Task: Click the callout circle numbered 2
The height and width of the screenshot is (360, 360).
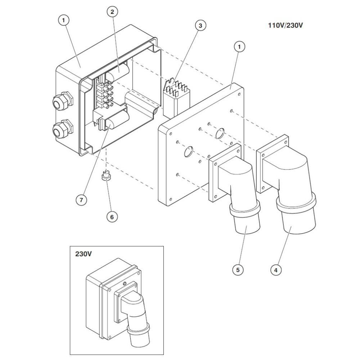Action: point(112,12)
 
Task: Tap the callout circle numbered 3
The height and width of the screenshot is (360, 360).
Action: point(201,26)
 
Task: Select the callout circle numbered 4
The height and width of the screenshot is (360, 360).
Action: point(276,270)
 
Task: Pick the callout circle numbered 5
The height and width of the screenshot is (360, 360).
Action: point(238,270)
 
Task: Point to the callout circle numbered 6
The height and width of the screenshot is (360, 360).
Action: point(112,217)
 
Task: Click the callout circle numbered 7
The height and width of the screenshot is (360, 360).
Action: point(81,200)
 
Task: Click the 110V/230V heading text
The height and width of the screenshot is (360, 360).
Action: point(285,25)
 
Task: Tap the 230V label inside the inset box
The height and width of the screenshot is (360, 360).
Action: point(84,254)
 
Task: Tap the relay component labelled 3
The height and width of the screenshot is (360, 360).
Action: point(176,98)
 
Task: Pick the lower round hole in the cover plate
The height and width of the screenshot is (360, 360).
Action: point(189,152)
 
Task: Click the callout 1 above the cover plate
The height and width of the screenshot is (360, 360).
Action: point(239,47)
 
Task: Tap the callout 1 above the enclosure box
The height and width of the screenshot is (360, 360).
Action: point(64,20)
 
